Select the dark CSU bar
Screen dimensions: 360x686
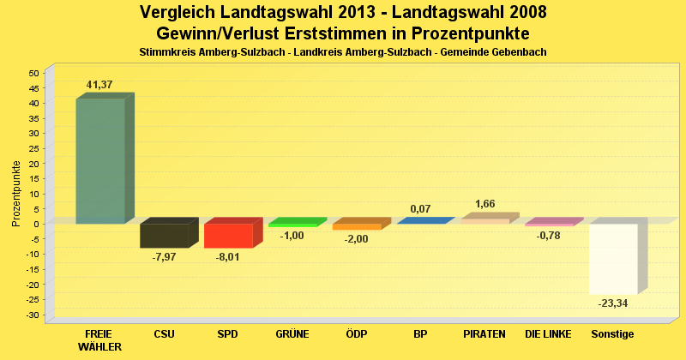(164, 236)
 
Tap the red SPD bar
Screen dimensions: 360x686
(228, 236)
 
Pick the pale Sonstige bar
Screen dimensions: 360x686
(612, 259)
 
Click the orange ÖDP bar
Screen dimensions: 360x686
(356, 227)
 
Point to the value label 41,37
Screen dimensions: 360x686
(99, 85)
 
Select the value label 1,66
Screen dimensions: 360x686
(484, 204)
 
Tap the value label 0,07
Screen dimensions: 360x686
(420, 209)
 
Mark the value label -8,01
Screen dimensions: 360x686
(228, 257)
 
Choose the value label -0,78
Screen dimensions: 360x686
(549, 236)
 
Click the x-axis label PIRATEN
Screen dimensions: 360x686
(484, 333)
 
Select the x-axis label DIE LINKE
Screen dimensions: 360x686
(549, 333)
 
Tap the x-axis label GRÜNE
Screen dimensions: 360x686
(292, 333)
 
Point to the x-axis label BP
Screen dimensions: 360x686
(420, 333)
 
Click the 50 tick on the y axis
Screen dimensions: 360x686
(34, 73)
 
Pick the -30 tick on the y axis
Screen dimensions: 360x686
(33, 315)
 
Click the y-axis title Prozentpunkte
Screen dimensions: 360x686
(16, 194)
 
